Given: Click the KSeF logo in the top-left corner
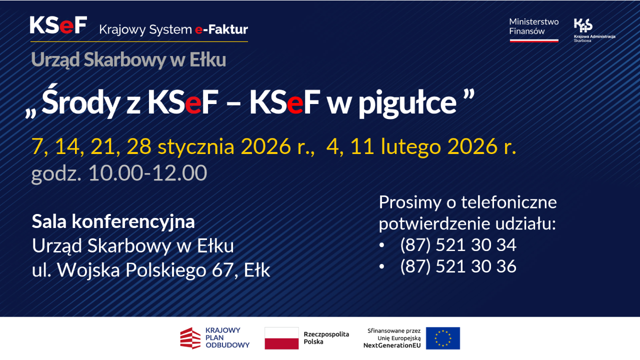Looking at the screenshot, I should (58, 25).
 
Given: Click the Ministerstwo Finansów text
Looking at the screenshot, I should (533, 26).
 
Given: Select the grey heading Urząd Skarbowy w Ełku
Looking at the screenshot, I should (128, 60).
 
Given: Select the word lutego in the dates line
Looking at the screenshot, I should (412, 146).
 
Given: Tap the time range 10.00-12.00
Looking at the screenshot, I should (147, 173).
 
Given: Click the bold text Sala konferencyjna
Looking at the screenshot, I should (113, 221).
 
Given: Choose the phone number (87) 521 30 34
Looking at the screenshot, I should (458, 245).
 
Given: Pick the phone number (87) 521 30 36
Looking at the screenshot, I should (458, 266).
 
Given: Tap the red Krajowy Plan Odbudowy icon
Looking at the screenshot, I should (190, 338).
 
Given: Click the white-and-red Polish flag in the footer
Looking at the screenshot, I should (281, 338).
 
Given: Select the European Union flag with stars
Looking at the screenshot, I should (443, 338).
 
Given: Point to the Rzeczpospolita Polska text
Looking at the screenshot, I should (326, 338).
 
